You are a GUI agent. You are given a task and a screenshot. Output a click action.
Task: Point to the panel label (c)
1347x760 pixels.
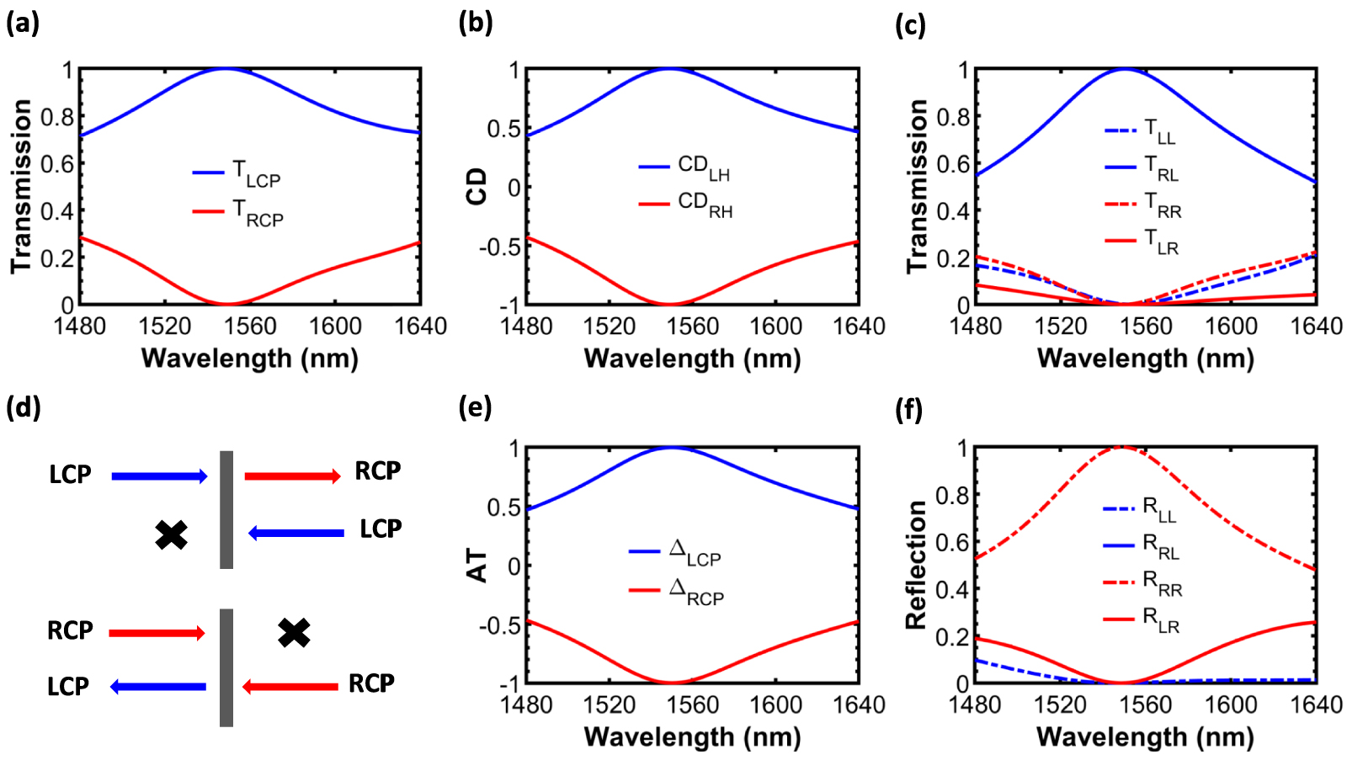910,24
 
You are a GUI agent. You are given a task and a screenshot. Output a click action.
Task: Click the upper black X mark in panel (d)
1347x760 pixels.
172,534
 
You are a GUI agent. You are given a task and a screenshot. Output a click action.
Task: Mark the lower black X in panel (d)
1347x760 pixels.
294,632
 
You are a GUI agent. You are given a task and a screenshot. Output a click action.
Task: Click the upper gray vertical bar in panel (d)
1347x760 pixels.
226,510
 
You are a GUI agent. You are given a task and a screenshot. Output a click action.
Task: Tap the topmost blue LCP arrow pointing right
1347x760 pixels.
159,476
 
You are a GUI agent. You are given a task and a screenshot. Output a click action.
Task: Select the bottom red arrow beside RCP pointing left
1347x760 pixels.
290,687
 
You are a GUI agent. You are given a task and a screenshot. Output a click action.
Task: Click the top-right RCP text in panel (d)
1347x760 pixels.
377,471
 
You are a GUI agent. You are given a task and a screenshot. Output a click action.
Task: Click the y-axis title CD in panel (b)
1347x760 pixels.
477,187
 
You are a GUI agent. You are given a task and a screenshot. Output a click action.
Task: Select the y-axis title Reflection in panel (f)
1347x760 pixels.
916,565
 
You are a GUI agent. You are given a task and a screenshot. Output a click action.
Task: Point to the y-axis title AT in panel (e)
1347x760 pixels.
477,566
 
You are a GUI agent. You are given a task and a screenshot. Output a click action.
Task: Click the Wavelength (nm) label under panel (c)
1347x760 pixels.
1145,359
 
